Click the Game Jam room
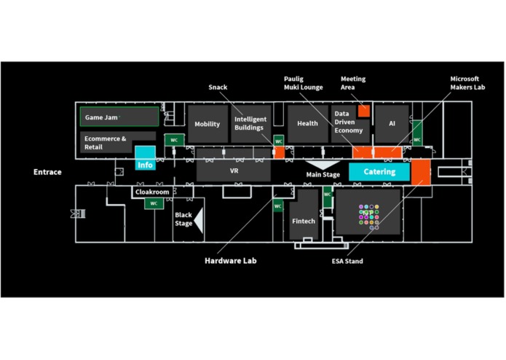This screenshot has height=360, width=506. pos(119,117)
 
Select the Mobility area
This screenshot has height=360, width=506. pos(207,124)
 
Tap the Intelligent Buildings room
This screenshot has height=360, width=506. pos(250,124)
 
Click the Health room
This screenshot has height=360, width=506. pos(307,124)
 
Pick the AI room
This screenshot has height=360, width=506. pos(392,124)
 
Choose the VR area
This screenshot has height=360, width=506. pos(234,171)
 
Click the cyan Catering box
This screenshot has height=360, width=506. pos(379,172)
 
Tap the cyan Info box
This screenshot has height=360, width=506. pos(145,158)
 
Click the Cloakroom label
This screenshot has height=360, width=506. pos(152,192)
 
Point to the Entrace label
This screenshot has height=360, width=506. pos(47,172)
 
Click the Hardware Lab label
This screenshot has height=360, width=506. pos(231,261)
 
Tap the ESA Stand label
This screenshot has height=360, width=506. pos(347,261)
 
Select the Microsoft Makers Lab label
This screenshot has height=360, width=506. pos(467,83)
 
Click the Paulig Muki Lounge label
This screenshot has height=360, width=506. pos(304,83)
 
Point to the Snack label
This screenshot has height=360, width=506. pos(218,87)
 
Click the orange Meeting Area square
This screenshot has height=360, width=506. pos(364,111)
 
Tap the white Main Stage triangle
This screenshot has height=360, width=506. pos(323,165)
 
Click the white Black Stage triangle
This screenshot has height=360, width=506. pos(199,221)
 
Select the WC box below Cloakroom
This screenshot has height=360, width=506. pos(154,203)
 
